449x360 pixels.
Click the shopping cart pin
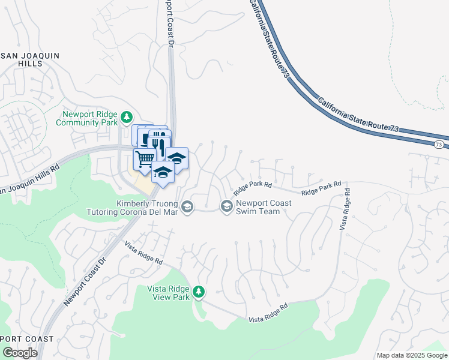pos(143,160)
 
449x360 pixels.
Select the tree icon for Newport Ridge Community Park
pos(126,116)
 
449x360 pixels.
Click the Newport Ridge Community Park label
pos(86,118)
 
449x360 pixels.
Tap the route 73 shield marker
pos(439,145)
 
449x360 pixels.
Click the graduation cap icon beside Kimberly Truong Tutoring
pos(187,207)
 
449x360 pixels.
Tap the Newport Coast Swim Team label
pos(264,207)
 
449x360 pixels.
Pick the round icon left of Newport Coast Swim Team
pos(226,207)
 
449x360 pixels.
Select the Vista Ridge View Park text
pos(169,293)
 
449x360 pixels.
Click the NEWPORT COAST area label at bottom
pos(27,339)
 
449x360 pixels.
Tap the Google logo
pos(20,353)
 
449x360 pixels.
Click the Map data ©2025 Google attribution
pos(412,355)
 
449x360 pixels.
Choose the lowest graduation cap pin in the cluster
pos(162,172)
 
